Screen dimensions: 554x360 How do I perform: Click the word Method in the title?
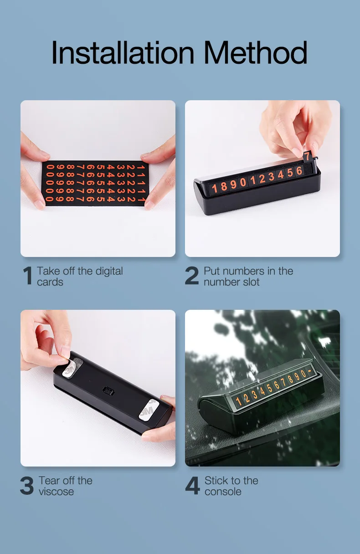point(255,53)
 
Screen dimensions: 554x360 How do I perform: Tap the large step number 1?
point(28,277)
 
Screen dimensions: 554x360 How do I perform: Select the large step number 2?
point(192,277)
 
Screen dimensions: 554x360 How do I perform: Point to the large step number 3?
point(27,486)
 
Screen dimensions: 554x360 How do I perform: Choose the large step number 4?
point(192,486)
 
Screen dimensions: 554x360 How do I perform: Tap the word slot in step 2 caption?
point(250,282)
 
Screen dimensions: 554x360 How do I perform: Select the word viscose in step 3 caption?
point(56,492)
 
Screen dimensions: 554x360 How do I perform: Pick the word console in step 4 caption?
point(223,492)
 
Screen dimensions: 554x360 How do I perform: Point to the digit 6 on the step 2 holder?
point(299,172)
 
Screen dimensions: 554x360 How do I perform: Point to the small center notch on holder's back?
point(108,390)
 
